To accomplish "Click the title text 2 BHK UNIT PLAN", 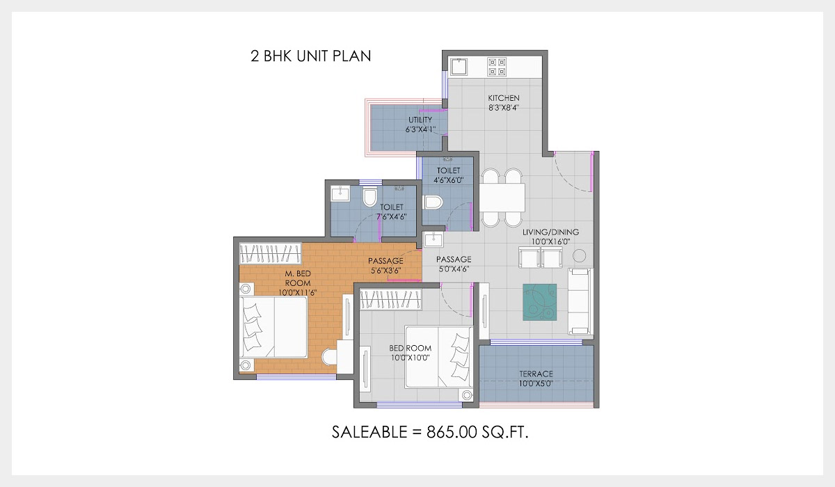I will (x=310, y=56).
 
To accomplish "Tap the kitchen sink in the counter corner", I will (x=459, y=67).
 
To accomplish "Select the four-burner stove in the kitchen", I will (x=498, y=67).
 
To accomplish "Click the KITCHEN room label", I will (x=504, y=98).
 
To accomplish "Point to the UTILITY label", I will (x=420, y=120).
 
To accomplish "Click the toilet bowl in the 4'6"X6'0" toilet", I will (x=433, y=202).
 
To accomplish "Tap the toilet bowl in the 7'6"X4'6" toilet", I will (x=369, y=199).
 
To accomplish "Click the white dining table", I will (x=503, y=198).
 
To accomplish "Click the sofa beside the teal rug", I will (x=579, y=301).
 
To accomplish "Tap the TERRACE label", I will (x=536, y=374).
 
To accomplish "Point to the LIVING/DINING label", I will (x=550, y=232).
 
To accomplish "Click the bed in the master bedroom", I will (x=274, y=326).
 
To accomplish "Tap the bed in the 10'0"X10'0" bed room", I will (x=439, y=357).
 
